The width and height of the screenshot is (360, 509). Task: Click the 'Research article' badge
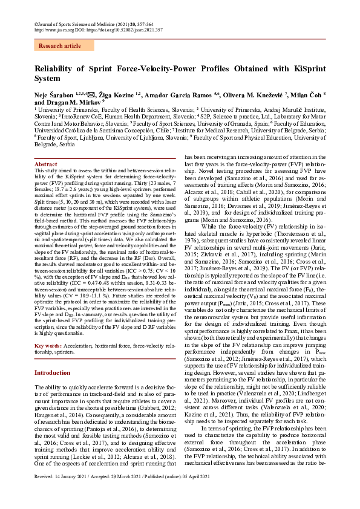pyautogui.click(x=59, y=45)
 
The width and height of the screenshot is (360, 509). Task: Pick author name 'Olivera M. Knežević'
pyautogui.click(x=256, y=96)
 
